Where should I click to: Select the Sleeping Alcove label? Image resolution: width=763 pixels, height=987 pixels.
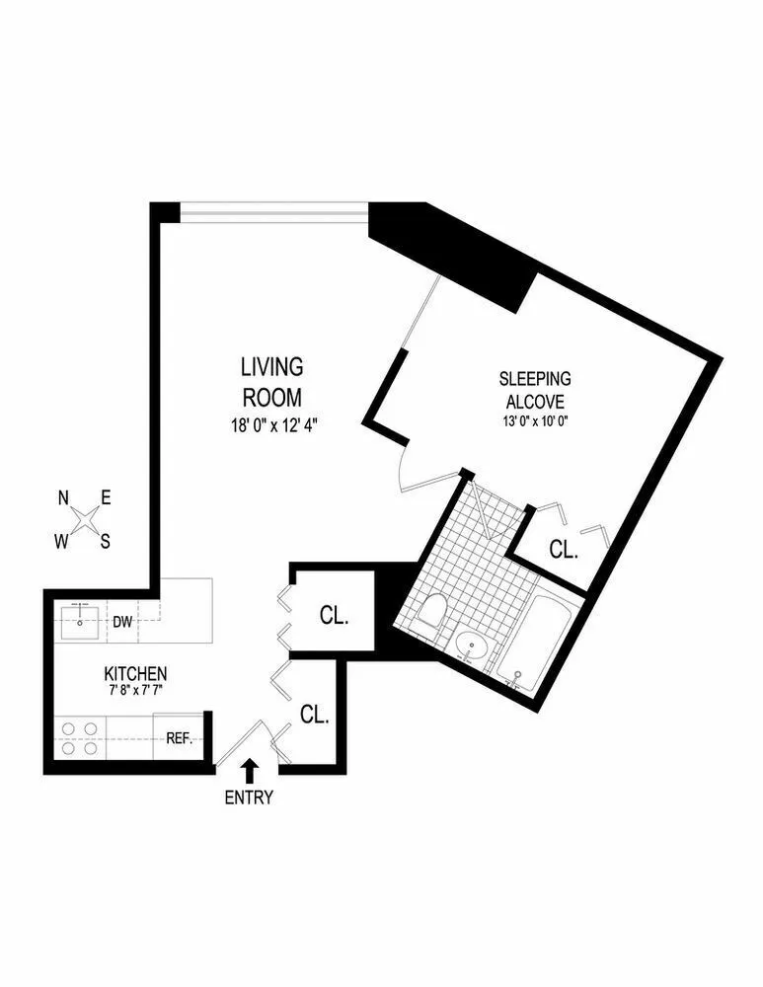click(535, 390)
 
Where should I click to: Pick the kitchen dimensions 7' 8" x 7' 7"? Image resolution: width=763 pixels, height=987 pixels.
click(135, 690)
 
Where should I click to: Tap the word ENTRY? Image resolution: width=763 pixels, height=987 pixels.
click(249, 797)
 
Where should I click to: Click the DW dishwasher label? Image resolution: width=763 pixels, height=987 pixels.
click(122, 622)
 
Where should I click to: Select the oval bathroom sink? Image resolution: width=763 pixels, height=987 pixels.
click(473, 647)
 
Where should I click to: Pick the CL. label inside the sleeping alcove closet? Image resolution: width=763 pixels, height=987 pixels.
click(563, 550)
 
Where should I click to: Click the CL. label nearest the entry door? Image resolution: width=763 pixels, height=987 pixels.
click(314, 716)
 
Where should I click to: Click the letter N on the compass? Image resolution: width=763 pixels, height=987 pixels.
click(63, 499)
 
